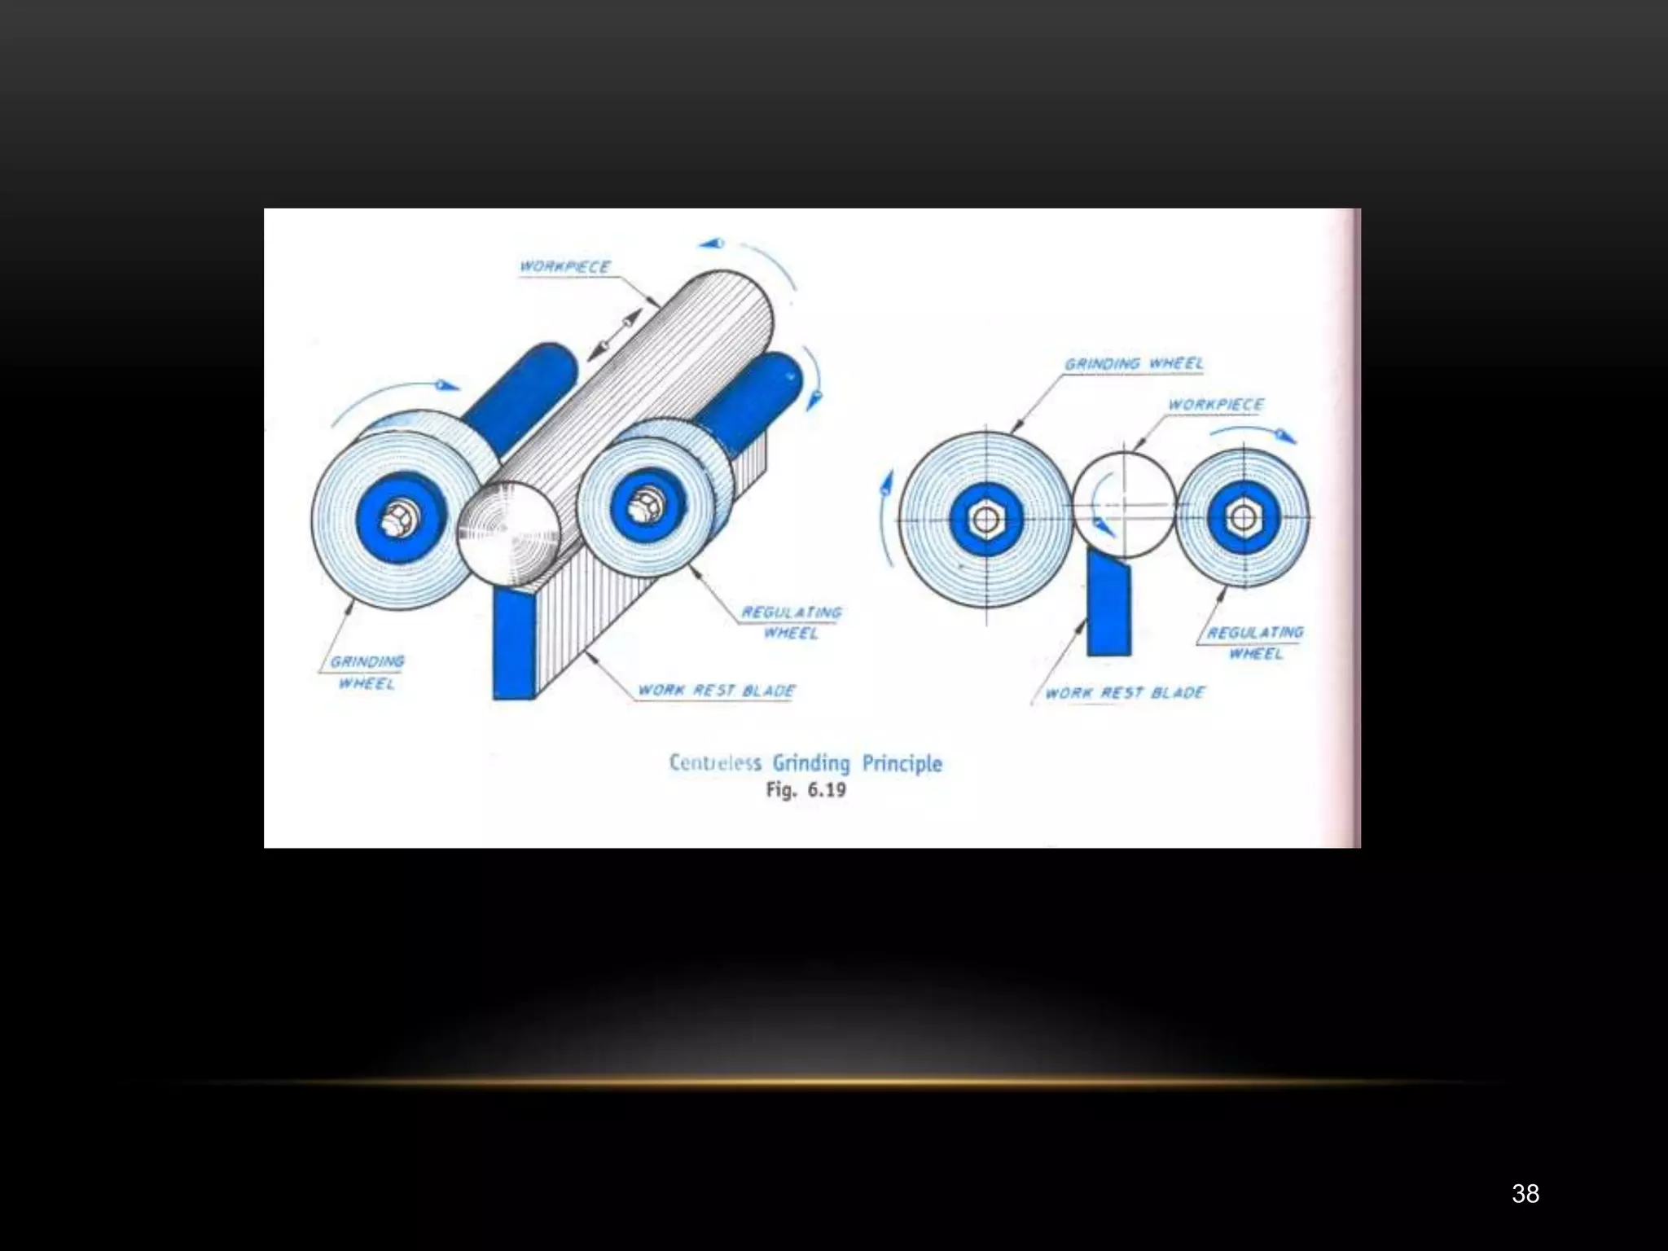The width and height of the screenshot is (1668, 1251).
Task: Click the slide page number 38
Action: [1525, 1194]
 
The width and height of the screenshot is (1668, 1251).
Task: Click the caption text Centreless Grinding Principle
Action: [805, 763]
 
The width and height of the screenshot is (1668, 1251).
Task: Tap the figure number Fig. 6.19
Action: [805, 790]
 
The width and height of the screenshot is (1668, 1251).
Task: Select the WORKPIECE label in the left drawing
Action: [565, 266]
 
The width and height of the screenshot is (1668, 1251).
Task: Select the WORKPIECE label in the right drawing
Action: [1216, 405]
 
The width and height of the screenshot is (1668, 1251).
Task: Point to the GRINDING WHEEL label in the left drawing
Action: [367, 672]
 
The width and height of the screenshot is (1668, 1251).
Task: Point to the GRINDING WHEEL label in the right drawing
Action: [1134, 363]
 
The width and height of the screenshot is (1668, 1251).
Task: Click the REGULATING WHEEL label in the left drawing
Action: [791, 622]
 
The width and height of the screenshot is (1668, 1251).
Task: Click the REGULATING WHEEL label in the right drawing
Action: [1255, 643]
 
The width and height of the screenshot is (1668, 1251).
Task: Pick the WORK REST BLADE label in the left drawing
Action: [716, 691]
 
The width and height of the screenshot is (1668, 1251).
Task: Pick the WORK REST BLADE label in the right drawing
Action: [1125, 693]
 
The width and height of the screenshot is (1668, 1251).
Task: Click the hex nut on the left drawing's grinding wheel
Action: [399, 516]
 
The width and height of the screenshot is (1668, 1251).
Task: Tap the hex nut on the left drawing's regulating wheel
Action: [647, 500]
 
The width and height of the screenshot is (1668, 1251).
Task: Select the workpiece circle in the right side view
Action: [1125, 505]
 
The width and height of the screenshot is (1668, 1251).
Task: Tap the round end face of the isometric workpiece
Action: [508, 533]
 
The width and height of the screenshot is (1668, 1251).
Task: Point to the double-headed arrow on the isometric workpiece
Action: [610, 335]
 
